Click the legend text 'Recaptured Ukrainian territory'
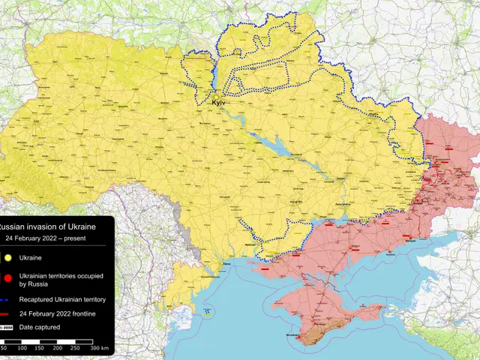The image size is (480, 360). [62, 299]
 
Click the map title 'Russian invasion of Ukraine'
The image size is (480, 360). [49, 226]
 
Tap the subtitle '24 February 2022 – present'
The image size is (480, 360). [45, 238]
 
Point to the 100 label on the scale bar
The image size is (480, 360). [22, 349]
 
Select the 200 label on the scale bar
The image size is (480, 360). [58, 349]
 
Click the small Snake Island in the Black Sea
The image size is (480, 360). [208, 310]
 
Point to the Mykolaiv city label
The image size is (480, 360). [250, 244]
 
